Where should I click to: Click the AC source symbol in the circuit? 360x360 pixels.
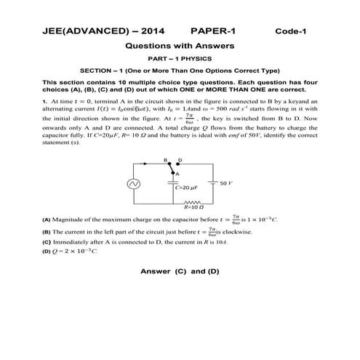click(134, 185)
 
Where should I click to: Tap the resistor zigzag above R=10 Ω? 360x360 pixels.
click(194, 204)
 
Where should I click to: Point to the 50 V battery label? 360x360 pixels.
click(226, 184)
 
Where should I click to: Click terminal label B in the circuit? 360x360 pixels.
click(166, 159)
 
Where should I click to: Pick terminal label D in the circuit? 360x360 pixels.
click(180, 159)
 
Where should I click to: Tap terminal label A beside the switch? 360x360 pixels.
click(178, 174)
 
